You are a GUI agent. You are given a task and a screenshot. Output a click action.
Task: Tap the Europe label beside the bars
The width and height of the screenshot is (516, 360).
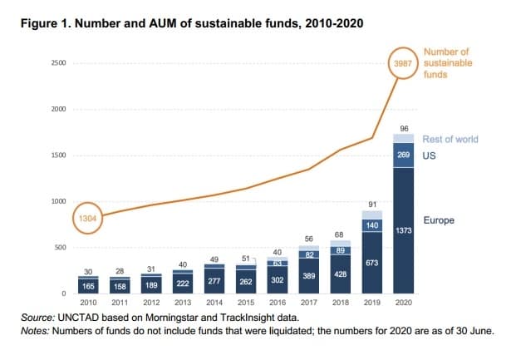click(438, 220)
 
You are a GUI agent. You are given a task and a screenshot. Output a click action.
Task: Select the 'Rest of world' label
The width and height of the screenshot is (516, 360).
click(450, 139)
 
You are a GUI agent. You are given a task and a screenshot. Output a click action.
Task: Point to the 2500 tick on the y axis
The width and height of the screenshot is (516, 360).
click(57, 63)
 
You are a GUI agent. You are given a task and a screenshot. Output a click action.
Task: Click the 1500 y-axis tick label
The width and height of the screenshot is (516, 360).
click(57, 155)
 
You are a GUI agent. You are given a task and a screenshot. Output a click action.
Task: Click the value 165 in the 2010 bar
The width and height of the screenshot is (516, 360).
click(88, 284)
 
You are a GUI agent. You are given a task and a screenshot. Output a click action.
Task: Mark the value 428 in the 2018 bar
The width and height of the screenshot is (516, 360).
click(339, 274)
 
